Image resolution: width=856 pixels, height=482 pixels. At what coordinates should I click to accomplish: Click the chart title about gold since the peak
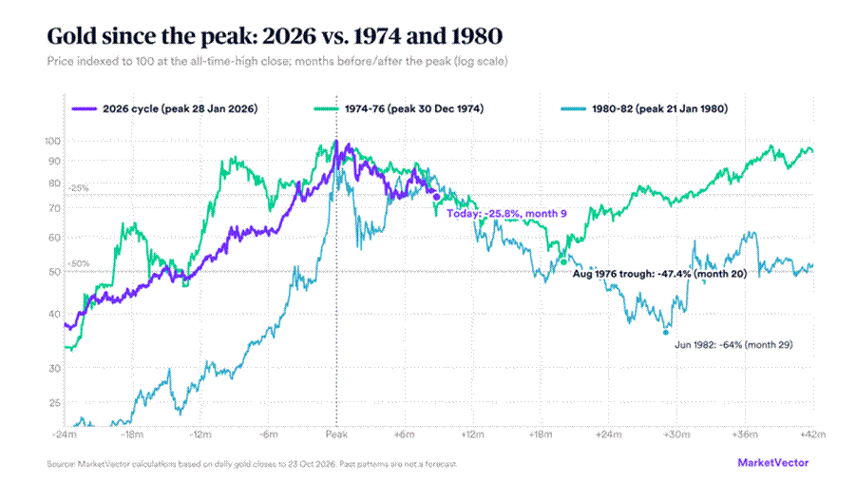pyautogui.click(x=275, y=36)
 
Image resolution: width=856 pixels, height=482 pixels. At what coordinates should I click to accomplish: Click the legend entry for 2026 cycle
pyautogui.click(x=165, y=108)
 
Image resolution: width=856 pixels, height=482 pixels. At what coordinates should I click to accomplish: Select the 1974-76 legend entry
pyautogui.click(x=398, y=108)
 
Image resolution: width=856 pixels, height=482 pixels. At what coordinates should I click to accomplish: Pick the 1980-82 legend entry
pyautogui.click(x=644, y=108)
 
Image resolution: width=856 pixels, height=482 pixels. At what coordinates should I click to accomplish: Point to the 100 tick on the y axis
pyautogui.click(x=52, y=141)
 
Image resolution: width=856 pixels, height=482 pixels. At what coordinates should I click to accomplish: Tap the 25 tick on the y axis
pyautogui.click(x=54, y=403)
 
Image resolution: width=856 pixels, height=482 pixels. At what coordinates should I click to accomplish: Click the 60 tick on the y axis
pyautogui.click(x=54, y=238)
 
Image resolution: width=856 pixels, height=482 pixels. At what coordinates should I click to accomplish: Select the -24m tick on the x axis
pyautogui.click(x=65, y=434)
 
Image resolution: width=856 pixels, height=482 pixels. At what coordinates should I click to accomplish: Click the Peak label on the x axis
pyautogui.click(x=336, y=434)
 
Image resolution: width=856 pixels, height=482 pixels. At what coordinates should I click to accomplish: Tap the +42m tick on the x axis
pyautogui.click(x=812, y=434)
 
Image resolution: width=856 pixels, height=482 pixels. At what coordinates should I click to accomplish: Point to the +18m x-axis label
pyautogui.click(x=541, y=434)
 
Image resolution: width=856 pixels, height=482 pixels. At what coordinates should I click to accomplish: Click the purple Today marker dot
pyautogui.click(x=437, y=198)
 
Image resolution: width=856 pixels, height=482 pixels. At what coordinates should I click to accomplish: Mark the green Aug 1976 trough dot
pyautogui.click(x=564, y=262)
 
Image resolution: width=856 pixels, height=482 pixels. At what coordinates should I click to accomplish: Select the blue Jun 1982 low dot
pyautogui.click(x=665, y=332)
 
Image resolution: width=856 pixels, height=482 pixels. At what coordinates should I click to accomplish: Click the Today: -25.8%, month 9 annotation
pyautogui.click(x=506, y=214)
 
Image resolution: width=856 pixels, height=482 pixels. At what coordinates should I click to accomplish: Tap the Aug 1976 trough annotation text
pyautogui.click(x=659, y=273)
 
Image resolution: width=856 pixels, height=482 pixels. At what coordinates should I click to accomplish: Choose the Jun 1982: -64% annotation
pyautogui.click(x=733, y=345)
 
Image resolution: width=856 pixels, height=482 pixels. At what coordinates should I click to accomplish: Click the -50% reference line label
pyautogui.click(x=78, y=263)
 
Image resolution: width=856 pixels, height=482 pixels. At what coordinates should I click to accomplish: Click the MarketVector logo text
pyautogui.click(x=773, y=463)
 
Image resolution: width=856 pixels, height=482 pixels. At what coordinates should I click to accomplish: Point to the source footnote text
pyautogui.click(x=252, y=464)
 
